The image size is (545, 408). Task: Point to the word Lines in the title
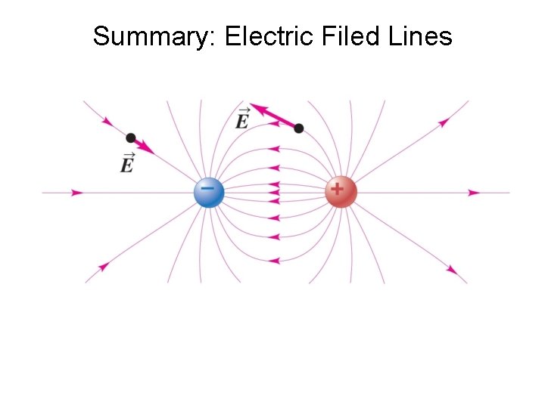[x=419, y=36]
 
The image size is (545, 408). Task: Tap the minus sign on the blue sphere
[x=207, y=186]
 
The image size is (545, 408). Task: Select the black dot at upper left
[x=131, y=138]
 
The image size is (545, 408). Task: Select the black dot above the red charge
[x=299, y=128]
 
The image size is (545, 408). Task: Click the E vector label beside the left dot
[x=127, y=162]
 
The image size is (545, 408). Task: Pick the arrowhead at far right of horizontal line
[x=474, y=193]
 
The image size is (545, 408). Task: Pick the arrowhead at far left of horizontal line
[x=76, y=193]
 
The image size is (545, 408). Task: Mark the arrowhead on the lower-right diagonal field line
[x=452, y=270]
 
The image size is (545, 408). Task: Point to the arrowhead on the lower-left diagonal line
[x=104, y=266]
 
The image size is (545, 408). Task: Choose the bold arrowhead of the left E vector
[x=148, y=149]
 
